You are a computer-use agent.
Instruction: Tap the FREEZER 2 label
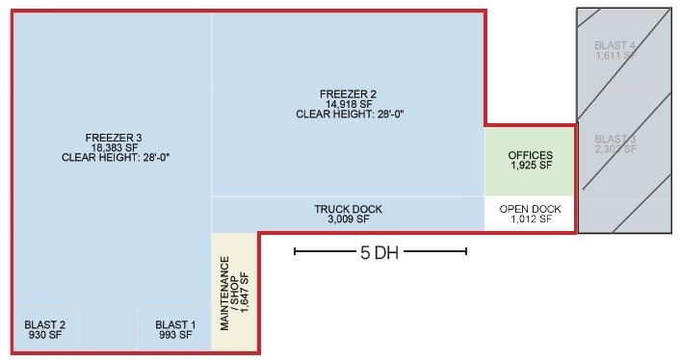click(x=348, y=93)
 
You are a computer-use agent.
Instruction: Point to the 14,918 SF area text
click(x=348, y=104)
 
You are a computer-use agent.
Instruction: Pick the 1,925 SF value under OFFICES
click(x=531, y=166)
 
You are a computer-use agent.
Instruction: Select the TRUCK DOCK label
click(x=348, y=209)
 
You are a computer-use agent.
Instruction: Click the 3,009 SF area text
click(x=348, y=219)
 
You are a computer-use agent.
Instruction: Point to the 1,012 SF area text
click(x=531, y=219)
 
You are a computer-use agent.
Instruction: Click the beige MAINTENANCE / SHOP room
click(x=235, y=293)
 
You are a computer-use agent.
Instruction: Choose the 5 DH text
click(x=379, y=253)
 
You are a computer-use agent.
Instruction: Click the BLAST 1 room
click(x=174, y=330)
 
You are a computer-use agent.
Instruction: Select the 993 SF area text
click(x=174, y=336)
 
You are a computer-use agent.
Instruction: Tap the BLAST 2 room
click(x=45, y=330)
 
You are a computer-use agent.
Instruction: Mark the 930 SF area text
click(x=45, y=336)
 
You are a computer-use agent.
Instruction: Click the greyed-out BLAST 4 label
click(x=615, y=44)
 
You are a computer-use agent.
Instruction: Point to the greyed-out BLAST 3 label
click(x=615, y=139)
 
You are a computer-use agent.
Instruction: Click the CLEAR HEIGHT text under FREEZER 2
click(x=349, y=115)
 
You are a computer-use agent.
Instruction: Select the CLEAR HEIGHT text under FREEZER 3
click(x=115, y=157)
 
